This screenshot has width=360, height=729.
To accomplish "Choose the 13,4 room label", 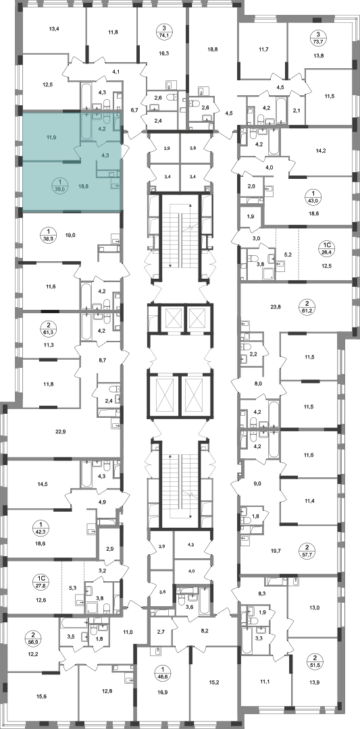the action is [55, 29].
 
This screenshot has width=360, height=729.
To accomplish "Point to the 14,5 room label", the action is [42, 484].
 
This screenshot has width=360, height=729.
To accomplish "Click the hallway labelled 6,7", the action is [134, 110].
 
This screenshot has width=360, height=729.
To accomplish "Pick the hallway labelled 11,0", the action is [128, 632].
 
